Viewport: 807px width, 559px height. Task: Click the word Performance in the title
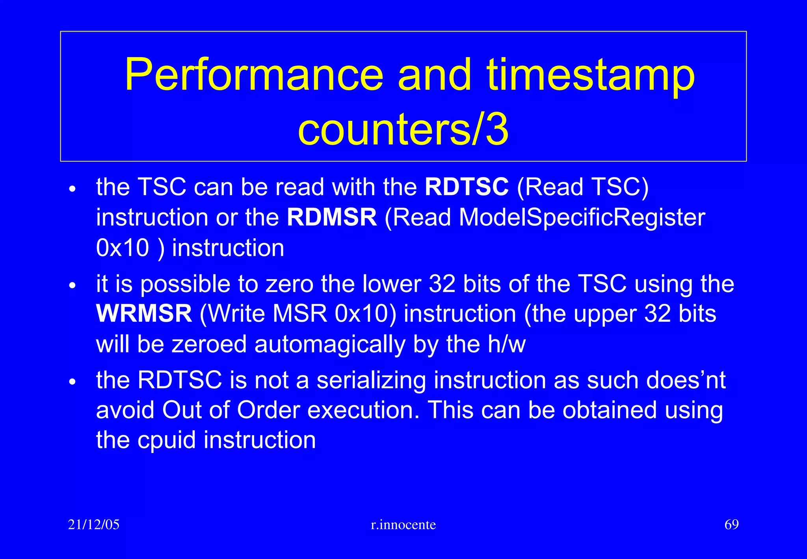[x=254, y=75]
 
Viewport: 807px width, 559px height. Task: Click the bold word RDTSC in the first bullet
[x=467, y=187]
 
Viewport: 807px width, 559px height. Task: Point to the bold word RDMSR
[x=332, y=217]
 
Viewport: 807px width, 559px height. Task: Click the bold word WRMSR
[x=144, y=314]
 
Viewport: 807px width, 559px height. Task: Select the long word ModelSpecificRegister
[x=582, y=217]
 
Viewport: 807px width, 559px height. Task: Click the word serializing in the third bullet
[x=371, y=380]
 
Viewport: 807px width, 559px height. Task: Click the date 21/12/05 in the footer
[x=94, y=525]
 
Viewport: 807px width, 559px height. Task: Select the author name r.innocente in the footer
[x=403, y=525]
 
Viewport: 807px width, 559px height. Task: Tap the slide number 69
[x=731, y=525]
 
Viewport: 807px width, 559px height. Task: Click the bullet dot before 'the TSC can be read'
[x=72, y=189]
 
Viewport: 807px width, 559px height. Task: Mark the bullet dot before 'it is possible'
[x=72, y=285]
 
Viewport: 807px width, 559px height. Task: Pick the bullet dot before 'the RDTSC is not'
[x=72, y=382]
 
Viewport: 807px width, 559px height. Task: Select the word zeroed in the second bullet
[x=209, y=344]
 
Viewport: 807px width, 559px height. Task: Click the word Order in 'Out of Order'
[x=268, y=410]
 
